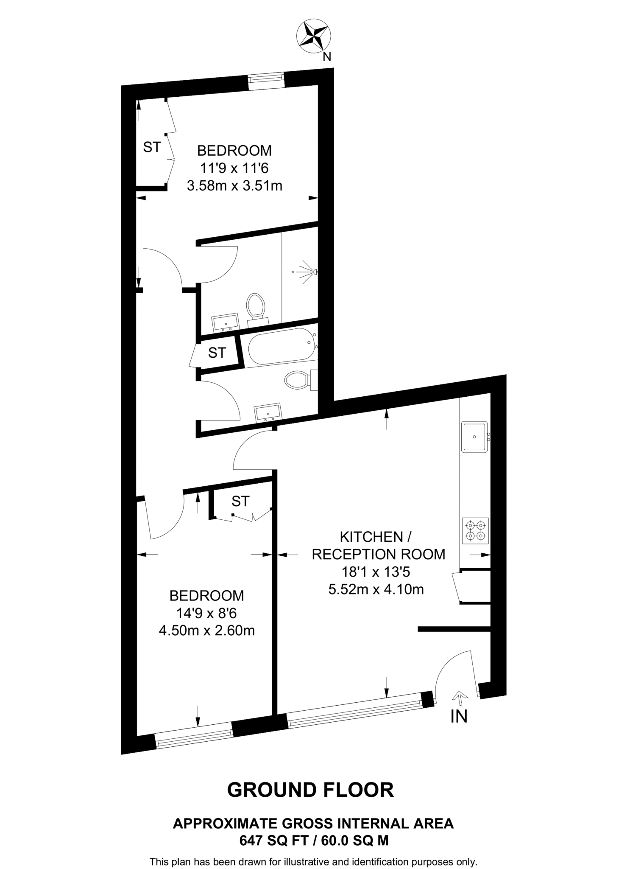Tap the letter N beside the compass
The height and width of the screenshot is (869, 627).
click(x=327, y=57)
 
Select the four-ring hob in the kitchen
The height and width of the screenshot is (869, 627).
click(x=475, y=531)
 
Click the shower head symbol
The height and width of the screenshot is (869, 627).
click(x=314, y=271)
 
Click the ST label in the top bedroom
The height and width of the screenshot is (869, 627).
click(x=152, y=147)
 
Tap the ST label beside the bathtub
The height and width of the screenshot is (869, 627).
click(x=217, y=353)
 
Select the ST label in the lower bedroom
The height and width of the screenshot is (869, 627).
click(x=240, y=502)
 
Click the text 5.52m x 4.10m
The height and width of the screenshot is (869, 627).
click(x=376, y=590)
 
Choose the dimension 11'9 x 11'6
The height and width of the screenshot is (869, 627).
click(x=234, y=168)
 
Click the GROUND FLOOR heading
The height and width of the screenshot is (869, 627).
click(x=311, y=791)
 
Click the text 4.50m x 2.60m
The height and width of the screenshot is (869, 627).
click(x=206, y=631)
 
